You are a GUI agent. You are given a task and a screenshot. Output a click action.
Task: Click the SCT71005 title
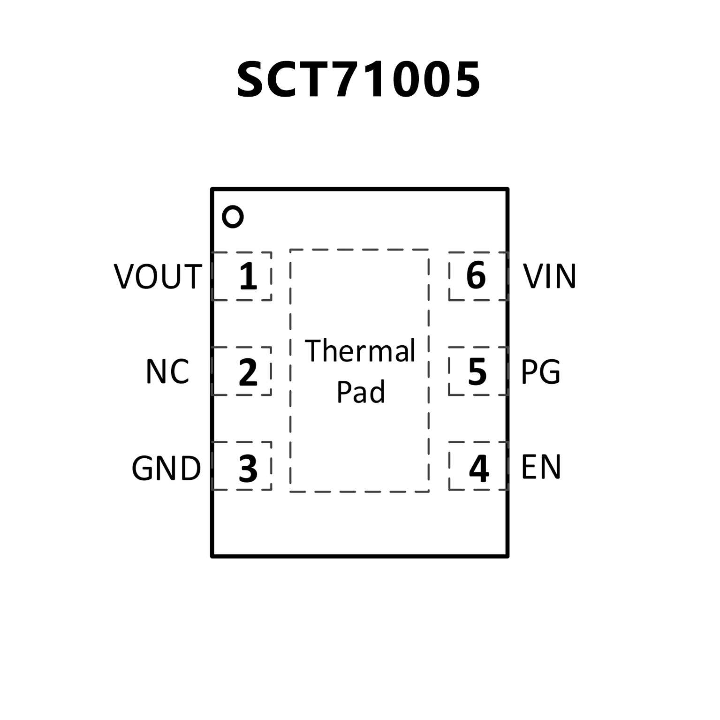(x=359, y=80)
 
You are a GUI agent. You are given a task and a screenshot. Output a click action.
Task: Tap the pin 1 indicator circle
(x=233, y=217)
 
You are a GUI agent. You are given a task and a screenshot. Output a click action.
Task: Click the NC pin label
(x=167, y=371)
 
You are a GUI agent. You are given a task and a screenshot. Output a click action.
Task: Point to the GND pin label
(x=166, y=468)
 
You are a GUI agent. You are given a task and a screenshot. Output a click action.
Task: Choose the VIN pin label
(x=549, y=276)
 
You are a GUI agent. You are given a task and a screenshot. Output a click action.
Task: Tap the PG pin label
(x=541, y=372)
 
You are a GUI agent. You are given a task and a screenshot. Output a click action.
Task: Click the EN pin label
(x=541, y=467)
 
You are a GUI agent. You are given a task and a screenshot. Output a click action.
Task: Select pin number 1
(x=248, y=276)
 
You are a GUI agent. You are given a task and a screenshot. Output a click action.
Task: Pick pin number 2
(x=248, y=372)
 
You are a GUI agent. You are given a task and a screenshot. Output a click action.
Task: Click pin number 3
(x=248, y=468)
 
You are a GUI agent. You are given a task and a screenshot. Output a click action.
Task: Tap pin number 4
(x=479, y=468)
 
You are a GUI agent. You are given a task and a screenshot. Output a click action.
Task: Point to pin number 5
(x=477, y=372)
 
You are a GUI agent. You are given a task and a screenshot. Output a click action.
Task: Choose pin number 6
(x=476, y=276)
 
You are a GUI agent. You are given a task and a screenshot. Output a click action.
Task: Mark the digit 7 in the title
(x=351, y=80)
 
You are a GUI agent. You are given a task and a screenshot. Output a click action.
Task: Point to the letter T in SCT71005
(x=318, y=80)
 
